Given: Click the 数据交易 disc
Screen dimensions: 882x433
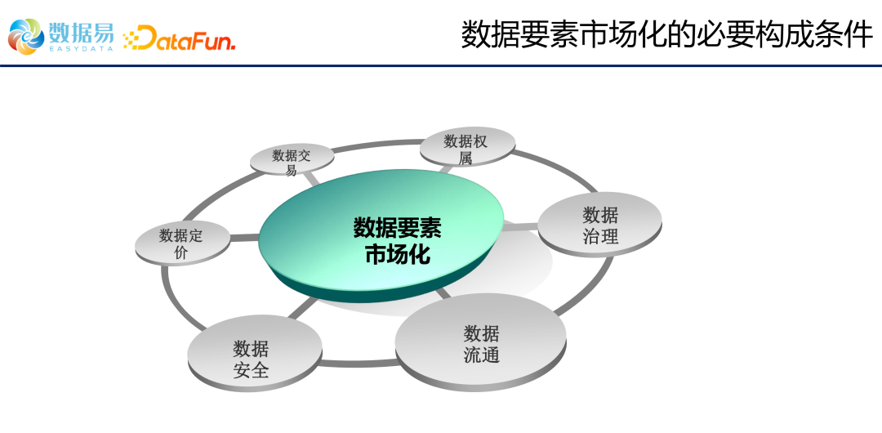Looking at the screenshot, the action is tap(292, 160).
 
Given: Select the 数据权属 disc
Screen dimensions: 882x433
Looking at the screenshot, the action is tap(467, 147).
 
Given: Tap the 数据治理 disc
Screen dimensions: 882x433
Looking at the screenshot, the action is tap(599, 224).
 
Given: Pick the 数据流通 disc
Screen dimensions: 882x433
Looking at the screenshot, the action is tap(481, 341).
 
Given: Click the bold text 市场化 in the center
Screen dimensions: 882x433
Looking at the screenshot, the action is tap(398, 255).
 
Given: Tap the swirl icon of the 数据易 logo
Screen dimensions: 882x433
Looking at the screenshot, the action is tap(26, 37).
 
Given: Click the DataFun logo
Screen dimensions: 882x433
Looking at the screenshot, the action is tap(179, 38).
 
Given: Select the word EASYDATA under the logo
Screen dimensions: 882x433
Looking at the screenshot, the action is tap(81, 49).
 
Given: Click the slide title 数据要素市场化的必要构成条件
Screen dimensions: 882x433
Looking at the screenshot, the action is tap(667, 35).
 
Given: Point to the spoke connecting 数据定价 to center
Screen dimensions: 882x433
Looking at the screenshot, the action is tap(245, 239).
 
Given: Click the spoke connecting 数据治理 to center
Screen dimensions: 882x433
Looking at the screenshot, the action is tap(520, 227).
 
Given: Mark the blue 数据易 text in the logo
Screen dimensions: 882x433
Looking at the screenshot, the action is tap(81, 32).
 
